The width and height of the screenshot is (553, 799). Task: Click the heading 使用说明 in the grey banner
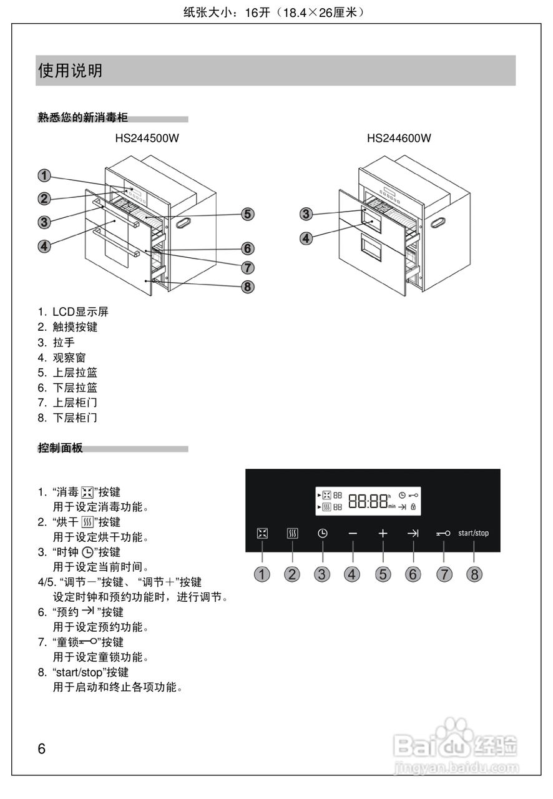pyautogui.click(x=70, y=71)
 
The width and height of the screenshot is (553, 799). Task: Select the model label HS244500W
pyautogui.click(x=147, y=139)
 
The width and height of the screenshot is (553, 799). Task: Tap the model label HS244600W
pyautogui.click(x=399, y=139)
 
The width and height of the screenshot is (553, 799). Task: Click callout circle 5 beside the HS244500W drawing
pyautogui.click(x=248, y=214)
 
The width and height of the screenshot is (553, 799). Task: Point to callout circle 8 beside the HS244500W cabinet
pyautogui.click(x=248, y=287)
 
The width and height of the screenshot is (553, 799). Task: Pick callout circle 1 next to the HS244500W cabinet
pyautogui.click(x=44, y=175)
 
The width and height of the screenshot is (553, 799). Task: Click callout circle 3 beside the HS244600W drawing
pyautogui.click(x=306, y=214)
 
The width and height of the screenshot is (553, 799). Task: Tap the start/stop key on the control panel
pyautogui.click(x=473, y=533)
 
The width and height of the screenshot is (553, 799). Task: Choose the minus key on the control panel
pyautogui.click(x=353, y=533)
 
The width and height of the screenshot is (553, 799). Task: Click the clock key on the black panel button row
pyautogui.click(x=322, y=533)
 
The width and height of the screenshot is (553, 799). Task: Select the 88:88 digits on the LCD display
pyautogui.click(x=368, y=501)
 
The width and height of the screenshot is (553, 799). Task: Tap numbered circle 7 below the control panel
pyautogui.click(x=444, y=574)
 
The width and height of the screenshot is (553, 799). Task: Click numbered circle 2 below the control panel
pyautogui.click(x=292, y=574)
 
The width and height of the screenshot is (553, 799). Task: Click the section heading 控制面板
pyautogui.click(x=60, y=448)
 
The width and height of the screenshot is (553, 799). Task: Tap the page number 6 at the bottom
pyautogui.click(x=42, y=749)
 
